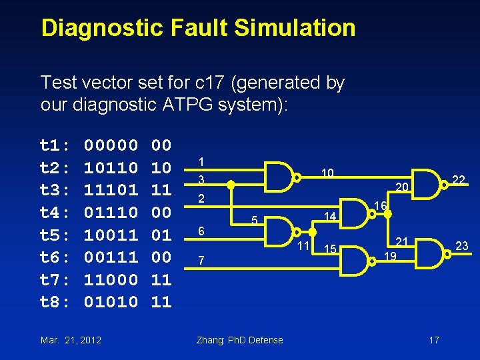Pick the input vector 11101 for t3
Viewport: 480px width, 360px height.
111,190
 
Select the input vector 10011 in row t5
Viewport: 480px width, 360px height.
111,235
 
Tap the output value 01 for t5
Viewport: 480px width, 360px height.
161,235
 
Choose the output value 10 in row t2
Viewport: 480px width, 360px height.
161,167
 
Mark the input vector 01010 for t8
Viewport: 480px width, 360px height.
111,302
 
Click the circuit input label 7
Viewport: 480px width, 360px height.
201,260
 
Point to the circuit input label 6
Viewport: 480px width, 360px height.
201,230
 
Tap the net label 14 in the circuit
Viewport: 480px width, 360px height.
329,217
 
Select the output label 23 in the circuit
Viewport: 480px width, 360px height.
461,247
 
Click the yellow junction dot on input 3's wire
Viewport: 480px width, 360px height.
229,186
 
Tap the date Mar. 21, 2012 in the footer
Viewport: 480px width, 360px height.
71,340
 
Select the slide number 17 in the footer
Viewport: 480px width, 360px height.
434,340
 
